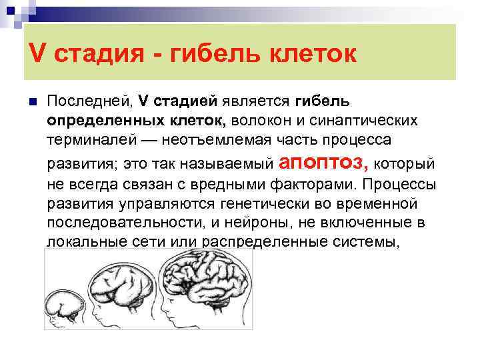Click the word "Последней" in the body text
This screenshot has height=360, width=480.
[89, 102]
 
